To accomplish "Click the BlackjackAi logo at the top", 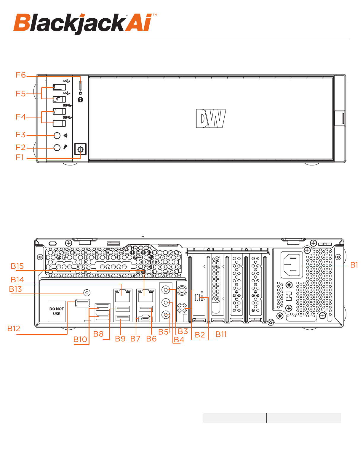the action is pos(85,24).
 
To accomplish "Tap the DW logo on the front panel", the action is pos(211,118).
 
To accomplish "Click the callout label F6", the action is pos(21,75).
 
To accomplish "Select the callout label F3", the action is pos(20,135).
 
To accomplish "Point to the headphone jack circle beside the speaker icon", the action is pos(57,135).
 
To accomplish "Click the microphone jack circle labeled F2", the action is pos(57,148).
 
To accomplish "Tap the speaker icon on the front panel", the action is pos(65,136).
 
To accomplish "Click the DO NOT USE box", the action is pos(57,311).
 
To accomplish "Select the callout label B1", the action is pos(354,265).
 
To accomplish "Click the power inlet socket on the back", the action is pos(292,265).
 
